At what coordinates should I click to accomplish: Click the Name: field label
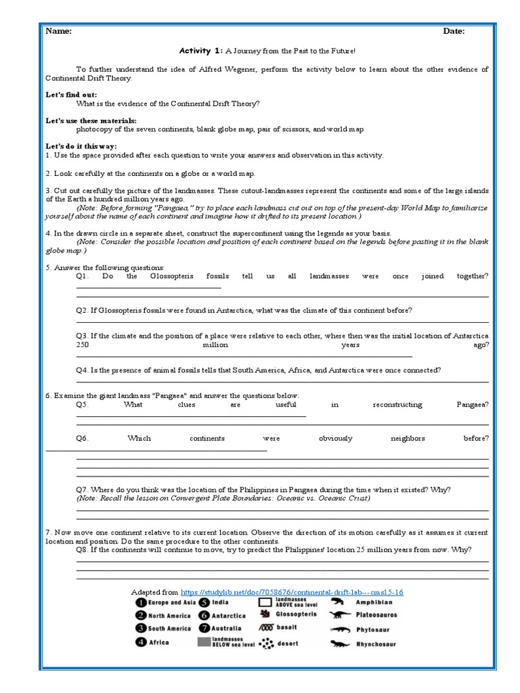[x=58, y=30]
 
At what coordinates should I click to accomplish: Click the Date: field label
[x=454, y=30]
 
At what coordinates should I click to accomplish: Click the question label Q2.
[x=82, y=310]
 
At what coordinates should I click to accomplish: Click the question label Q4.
[x=82, y=370]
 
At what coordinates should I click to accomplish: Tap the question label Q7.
[x=82, y=489]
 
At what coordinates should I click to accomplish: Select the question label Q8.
[x=82, y=550]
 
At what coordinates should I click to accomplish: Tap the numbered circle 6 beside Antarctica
[x=204, y=616]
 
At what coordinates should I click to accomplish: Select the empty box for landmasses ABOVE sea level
[x=265, y=602]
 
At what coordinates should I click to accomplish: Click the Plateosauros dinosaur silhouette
[x=337, y=615]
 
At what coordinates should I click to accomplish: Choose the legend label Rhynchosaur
[x=376, y=644]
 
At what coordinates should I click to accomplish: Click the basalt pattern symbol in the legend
[x=265, y=628]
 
